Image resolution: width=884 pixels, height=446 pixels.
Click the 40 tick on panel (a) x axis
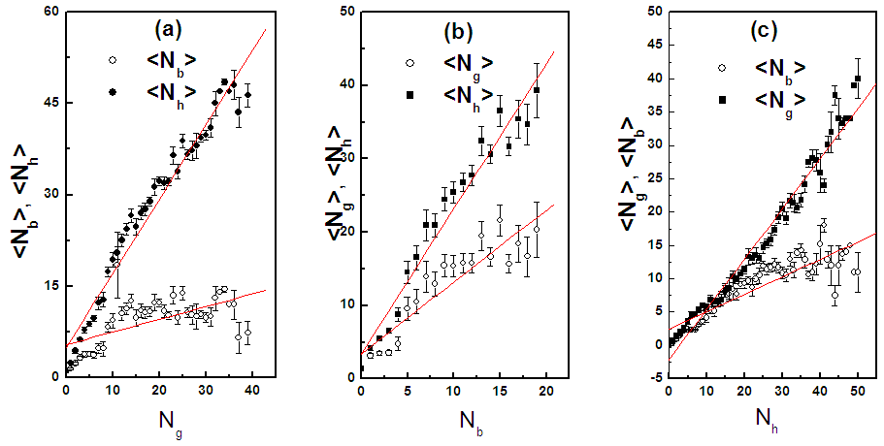point(251,391)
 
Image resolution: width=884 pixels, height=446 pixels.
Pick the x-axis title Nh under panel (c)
point(767,424)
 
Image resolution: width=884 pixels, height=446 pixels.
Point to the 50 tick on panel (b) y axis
point(345,12)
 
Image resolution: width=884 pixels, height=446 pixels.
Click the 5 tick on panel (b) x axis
point(407,391)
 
